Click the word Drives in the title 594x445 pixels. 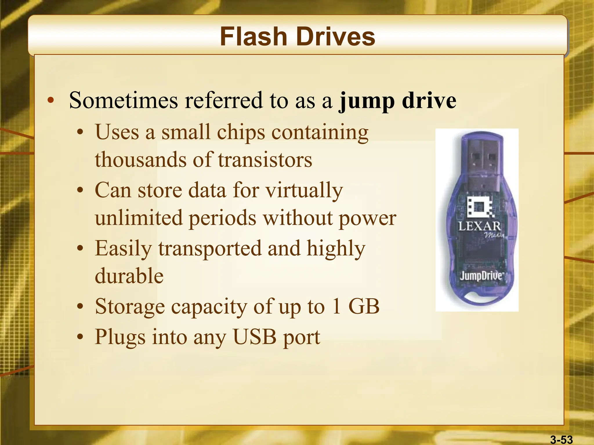click(x=336, y=37)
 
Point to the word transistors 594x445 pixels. click(x=265, y=160)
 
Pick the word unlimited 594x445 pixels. click(x=139, y=218)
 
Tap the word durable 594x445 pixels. click(x=129, y=276)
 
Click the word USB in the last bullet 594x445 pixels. click(x=255, y=337)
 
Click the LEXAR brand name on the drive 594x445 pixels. click(x=479, y=226)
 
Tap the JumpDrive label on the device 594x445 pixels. click(x=481, y=276)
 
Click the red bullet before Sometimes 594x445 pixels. click(x=51, y=101)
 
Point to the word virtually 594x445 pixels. click(x=304, y=191)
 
